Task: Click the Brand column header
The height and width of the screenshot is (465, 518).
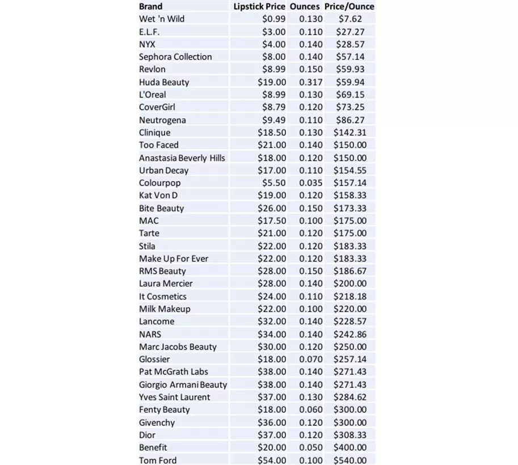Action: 150,6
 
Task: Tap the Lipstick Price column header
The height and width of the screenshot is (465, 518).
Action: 259,6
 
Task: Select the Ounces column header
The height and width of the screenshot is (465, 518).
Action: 305,6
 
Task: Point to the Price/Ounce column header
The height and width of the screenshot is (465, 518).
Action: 349,6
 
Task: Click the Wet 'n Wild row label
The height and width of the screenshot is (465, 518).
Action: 162,19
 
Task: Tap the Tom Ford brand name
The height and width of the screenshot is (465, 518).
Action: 158,460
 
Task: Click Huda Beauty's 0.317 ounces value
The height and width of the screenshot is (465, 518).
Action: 311,82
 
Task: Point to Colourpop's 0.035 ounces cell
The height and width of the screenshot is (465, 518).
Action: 311,183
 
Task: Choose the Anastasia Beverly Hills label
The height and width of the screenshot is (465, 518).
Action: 182,158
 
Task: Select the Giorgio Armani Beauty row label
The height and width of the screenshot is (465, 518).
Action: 183,384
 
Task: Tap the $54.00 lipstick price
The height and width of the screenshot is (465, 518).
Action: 272,460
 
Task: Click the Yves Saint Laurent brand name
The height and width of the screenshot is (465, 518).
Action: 174,397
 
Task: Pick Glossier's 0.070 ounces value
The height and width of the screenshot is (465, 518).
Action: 311,359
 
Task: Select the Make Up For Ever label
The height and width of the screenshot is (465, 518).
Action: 174,259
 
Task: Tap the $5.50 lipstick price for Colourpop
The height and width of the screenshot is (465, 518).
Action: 273,183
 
